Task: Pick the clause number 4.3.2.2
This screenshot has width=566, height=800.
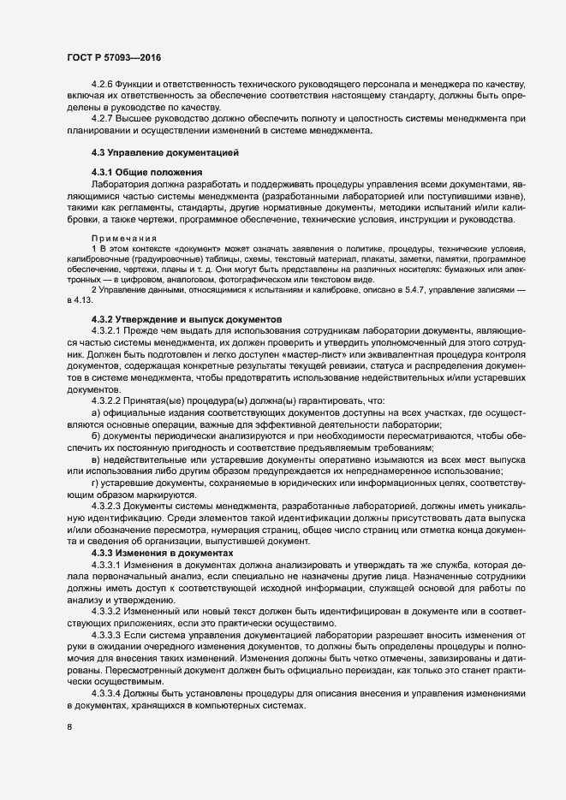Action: click(109, 401)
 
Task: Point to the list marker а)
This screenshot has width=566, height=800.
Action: click(96, 413)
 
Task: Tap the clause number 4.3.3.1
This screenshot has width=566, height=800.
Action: click(109, 542)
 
